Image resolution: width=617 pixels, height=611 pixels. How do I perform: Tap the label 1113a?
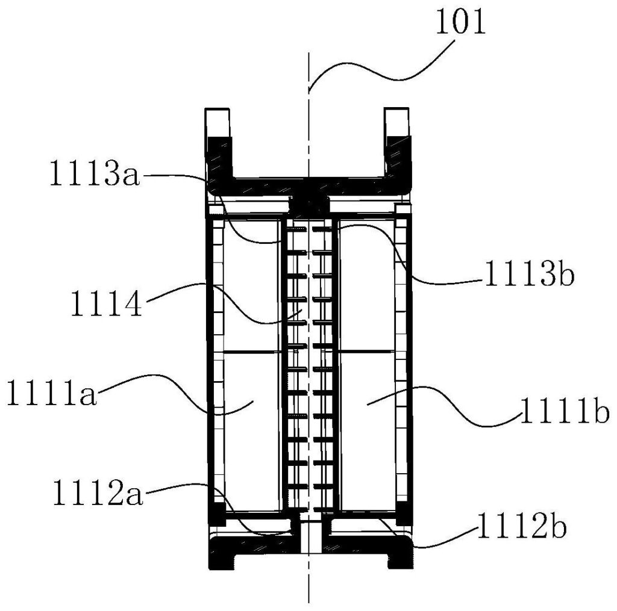pyautogui.click(x=95, y=174)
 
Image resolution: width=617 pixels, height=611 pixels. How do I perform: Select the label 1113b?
pyautogui.click(x=530, y=274)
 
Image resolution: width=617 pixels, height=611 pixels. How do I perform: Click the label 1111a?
pyautogui.click(x=52, y=393)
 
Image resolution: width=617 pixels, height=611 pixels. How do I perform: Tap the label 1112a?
pyautogui.click(x=98, y=492)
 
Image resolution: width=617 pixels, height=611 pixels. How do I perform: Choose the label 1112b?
pyautogui.click(x=522, y=527)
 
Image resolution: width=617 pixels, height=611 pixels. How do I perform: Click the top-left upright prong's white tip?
pyautogui.click(x=217, y=122)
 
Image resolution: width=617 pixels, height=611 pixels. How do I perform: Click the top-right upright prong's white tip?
pyautogui.click(x=397, y=122)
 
